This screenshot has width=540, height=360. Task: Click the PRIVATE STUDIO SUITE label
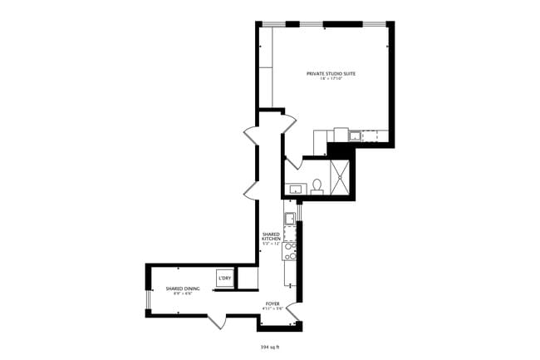[x=331, y=74]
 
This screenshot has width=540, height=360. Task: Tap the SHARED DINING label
[x=182, y=288]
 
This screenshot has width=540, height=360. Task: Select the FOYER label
[x=272, y=303]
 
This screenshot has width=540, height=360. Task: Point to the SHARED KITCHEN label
[x=272, y=237]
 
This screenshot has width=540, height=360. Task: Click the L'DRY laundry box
[x=224, y=278]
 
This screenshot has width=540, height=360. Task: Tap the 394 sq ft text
[x=270, y=345]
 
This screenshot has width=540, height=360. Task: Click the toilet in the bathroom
[x=317, y=186]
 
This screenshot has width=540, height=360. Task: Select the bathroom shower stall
[x=341, y=175]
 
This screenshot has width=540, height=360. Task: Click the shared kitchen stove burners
[x=290, y=250]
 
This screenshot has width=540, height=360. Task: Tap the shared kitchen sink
[x=290, y=219]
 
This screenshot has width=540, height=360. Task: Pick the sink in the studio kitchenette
[x=355, y=136]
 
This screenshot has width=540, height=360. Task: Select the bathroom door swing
[x=292, y=161]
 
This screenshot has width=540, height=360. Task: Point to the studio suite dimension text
[x=331, y=80]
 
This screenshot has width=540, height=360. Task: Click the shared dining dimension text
[x=182, y=293]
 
